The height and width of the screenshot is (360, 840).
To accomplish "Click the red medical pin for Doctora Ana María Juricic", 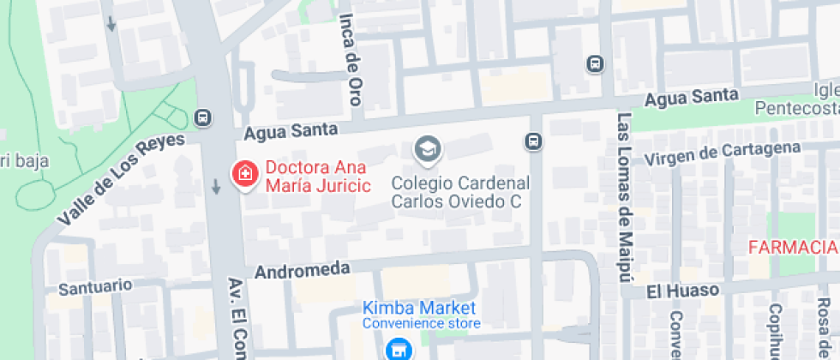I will click(x=244, y=174).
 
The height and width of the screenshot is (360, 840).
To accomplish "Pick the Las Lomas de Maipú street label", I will click(x=624, y=196).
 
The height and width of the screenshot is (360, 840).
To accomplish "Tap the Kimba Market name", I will click(x=419, y=307).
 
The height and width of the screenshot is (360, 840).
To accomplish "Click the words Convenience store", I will click(x=421, y=323).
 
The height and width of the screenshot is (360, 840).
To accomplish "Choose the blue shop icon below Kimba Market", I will click(x=396, y=349).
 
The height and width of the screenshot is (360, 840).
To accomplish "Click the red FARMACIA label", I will click(x=792, y=248).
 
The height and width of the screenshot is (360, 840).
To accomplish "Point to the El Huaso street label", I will click(x=682, y=291).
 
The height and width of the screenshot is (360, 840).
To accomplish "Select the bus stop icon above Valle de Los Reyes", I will click(x=204, y=117).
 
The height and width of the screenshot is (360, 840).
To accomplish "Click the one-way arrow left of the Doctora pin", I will click(x=215, y=186).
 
